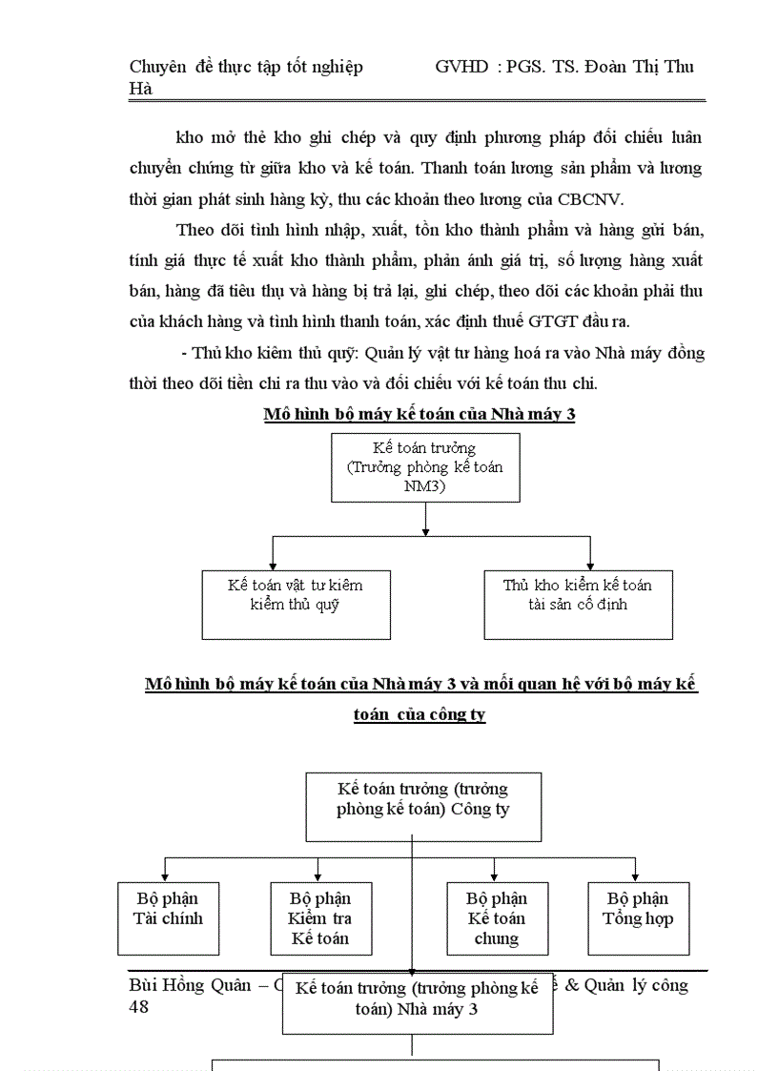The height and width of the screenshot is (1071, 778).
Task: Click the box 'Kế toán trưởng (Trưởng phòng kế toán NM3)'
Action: pyautogui.click(x=425, y=466)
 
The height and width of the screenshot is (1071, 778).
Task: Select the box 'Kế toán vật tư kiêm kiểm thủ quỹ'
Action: pyautogui.click(x=296, y=604)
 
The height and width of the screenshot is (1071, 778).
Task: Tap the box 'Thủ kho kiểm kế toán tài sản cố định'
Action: pyautogui.click(x=578, y=604)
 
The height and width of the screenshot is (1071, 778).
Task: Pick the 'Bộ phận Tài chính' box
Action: pyautogui.click(x=168, y=918)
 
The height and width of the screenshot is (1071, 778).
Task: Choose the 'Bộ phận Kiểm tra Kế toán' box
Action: pyautogui.click(x=320, y=918)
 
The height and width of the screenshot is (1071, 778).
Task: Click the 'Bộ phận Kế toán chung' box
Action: pyautogui.click(x=497, y=918)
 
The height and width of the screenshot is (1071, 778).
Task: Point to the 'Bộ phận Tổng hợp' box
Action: pyautogui.click(x=638, y=918)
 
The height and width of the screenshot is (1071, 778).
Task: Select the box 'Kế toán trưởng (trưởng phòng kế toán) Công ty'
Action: pyautogui.click(x=422, y=807)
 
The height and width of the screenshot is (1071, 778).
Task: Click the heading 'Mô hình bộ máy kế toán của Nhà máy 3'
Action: pyautogui.click(x=420, y=415)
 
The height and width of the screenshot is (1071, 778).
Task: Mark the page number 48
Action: pyautogui.click(x=139, y=1007)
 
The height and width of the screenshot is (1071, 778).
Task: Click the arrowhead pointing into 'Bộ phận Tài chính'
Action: pyautogui.click(x=167, y=875)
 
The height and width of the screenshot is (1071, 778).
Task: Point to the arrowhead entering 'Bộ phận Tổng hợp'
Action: pyautogui.click(x=636, y=875)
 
